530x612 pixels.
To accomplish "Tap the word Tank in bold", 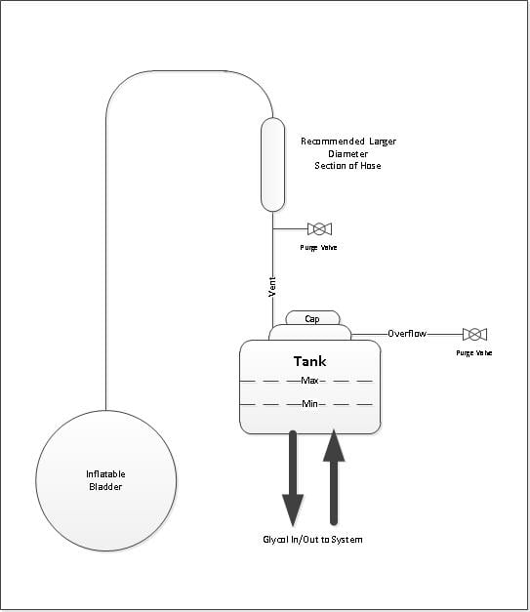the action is click(309, 361).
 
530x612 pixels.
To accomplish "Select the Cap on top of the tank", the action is click(312, 318).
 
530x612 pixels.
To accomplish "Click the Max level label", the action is click(309, 380).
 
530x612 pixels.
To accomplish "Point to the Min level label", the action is click(309, 403).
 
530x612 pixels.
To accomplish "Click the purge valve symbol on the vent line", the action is click(319, 229).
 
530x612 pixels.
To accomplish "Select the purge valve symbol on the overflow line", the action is click(474, 335).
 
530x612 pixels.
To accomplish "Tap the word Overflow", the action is click(407, 334).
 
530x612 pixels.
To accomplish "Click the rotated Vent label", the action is click(272, 287).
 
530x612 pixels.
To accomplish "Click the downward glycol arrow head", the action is click(293, 510).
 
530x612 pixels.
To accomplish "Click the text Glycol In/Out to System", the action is click(312, 540).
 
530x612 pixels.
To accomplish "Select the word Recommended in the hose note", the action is click(333, 142).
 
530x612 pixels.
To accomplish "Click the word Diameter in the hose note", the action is click(347, 154).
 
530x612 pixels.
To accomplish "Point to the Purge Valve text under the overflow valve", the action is click(474, 352).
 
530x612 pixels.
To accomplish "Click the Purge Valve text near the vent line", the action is click(318, 248).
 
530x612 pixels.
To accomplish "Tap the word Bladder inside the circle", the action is click(105, 487).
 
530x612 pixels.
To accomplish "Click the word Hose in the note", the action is click(371, 166).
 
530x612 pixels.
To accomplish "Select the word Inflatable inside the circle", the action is click(105, 474).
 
